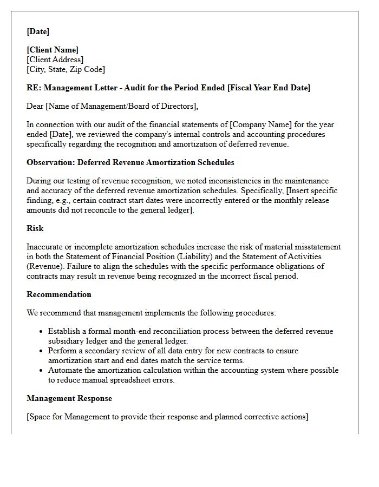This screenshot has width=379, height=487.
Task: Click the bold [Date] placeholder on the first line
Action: pos(38,31)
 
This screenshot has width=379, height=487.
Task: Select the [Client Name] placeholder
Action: pos(53,50)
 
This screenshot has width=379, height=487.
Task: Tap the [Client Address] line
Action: pos(55,60)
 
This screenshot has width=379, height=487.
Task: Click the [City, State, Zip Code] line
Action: pos(66,69)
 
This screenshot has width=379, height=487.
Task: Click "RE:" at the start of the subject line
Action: pos(34,88)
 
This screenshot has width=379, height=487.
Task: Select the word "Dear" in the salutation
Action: pos(35,106)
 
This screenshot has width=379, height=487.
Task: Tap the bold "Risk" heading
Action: pos(35,228)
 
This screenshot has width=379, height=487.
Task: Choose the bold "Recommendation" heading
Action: pos(59,294)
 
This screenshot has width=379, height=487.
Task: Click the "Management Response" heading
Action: pos(69,398)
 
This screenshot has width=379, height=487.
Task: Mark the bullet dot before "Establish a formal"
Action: pos(41,332)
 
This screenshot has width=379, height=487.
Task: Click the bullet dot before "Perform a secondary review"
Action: pos(41,351)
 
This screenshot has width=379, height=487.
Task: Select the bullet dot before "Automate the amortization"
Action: pos(41,371)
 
